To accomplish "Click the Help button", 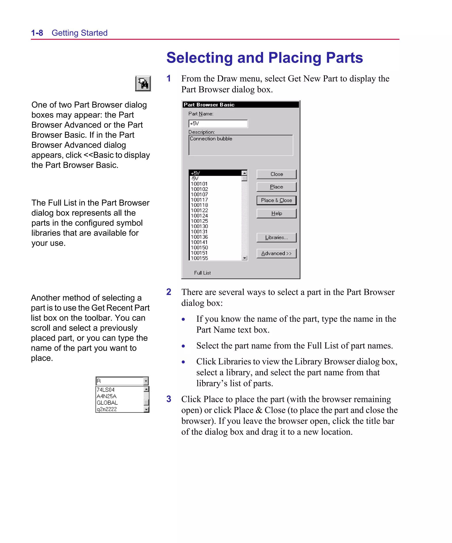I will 276,213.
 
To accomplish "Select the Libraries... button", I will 276,238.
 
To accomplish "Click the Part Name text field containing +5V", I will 218,124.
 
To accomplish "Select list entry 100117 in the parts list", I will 199,200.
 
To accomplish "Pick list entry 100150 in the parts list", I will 199,248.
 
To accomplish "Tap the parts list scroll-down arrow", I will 244,258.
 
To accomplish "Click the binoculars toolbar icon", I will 143,84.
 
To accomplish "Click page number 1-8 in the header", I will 37,33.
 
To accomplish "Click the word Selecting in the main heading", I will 199,58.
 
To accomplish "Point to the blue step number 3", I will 169,399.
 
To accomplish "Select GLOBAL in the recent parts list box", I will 107,403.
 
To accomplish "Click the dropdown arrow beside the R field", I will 146,381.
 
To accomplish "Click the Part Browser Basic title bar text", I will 209,105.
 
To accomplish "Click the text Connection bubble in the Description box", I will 211,139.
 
